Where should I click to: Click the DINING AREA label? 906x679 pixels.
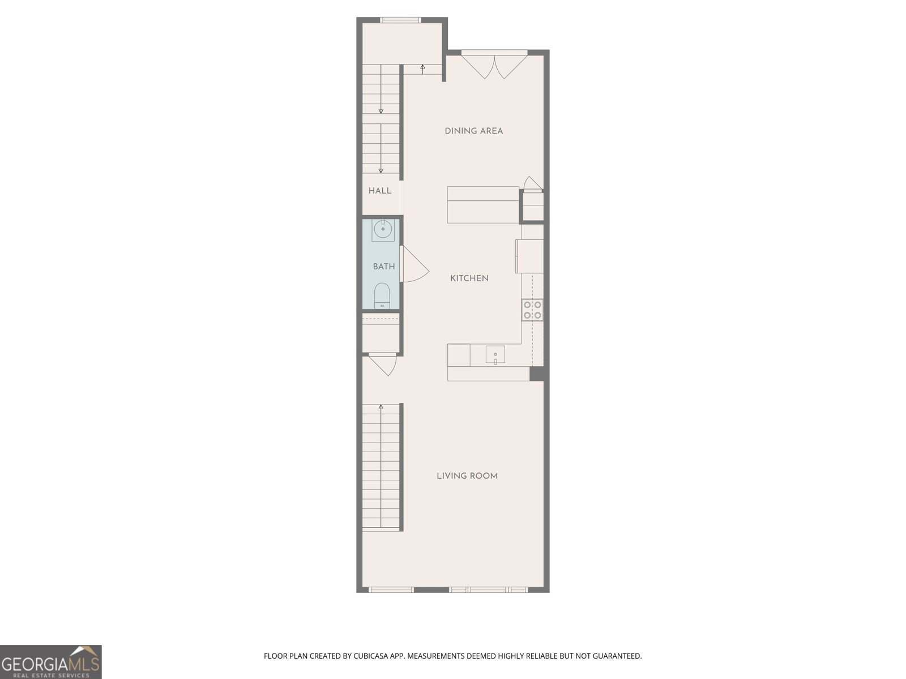(x=473, y=131)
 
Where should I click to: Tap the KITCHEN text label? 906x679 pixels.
(x=469, y=278)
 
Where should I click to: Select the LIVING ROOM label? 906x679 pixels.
(x=467, y=476)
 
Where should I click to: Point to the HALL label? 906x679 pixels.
(x=380, y=191)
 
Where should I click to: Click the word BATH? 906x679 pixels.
(x=384, y=267)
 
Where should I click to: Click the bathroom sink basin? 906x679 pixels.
(x=383, y=230)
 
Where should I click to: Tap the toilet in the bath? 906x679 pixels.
(x=382, y=295)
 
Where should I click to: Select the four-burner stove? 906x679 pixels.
(x=532, y=310)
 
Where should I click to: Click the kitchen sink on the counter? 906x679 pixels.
(x=495, y=355)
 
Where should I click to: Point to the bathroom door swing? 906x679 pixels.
(x=414, y=264)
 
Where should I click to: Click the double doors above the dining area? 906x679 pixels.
(x=494, y=65)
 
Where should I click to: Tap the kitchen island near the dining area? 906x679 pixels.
(x=483, y=205)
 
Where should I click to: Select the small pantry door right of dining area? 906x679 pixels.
(x=533, y=184)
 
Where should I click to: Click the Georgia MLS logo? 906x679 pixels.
(x=51, y=661)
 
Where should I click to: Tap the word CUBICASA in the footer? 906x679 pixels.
(x=371, y=656)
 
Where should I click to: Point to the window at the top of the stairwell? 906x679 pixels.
(x=400, y=19)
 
